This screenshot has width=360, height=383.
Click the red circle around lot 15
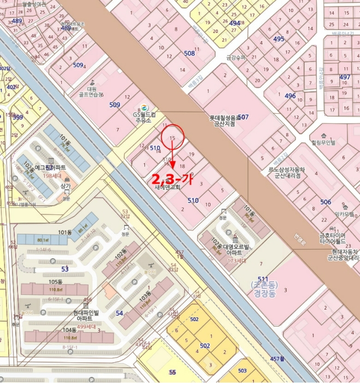(173, 138)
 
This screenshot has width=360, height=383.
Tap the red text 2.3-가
(172, 179)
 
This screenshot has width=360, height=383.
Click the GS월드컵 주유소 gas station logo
(143, 108)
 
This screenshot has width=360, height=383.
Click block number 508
(189, 53)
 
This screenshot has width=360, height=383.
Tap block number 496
(290, 96)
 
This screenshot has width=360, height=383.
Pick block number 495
(279, 39)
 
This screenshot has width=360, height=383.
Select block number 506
(326, 202)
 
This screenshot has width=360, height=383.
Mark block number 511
(263, 278)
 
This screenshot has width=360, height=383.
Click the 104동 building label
(69, 330)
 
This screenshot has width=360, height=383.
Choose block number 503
(242, 370)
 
